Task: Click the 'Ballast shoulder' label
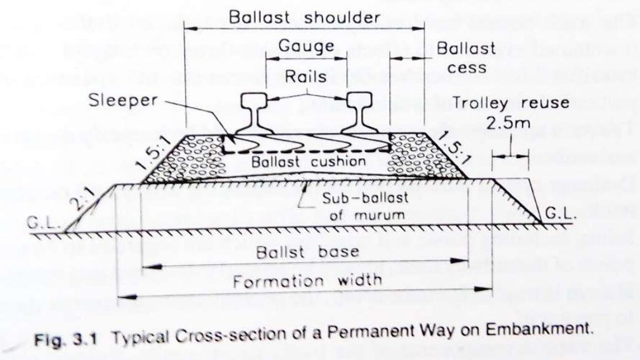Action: (x=304, y=17)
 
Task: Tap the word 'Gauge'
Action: (x=306, y=47)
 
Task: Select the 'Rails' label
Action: (x=306, y=76)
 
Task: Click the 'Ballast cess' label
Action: (x=466, y=57)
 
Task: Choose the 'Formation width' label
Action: (x=307, y=281)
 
